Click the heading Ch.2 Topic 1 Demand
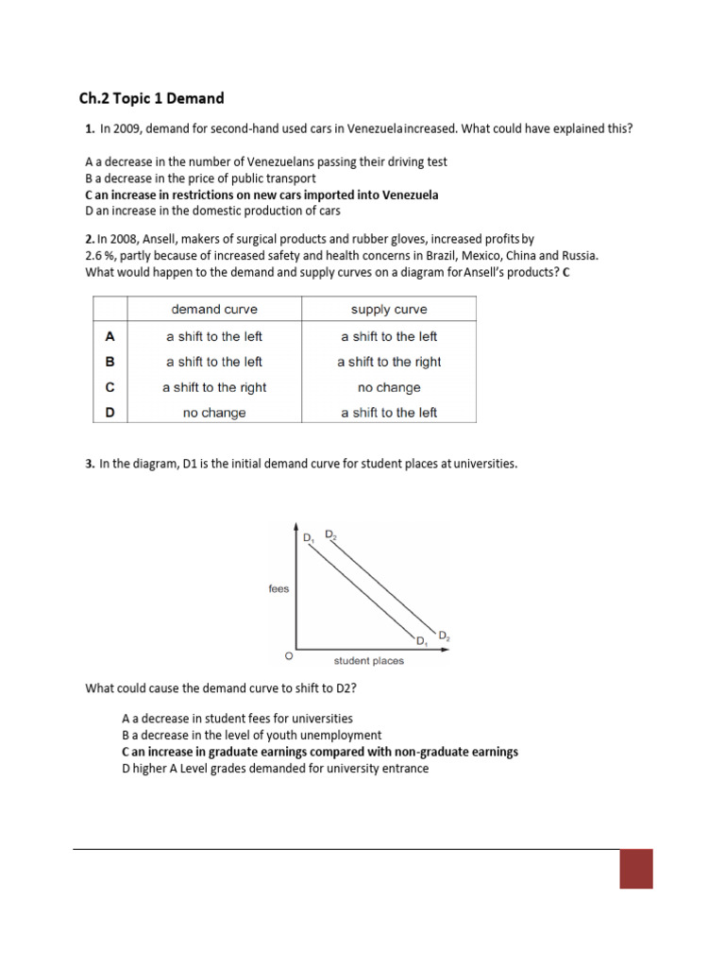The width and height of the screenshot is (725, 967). coord(151,98)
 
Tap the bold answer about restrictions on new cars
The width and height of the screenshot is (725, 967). coord(261,195)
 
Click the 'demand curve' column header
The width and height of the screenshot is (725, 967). coord(213,310)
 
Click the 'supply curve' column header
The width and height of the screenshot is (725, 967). coord(389,310)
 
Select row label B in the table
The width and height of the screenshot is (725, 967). coord(110,362)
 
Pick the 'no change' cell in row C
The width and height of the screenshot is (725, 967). coord(389,387)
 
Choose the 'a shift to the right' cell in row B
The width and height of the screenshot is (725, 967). coord(389,362)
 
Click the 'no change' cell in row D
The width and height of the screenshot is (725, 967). coord(213,413)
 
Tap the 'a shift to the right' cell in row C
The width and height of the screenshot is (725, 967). coord(213,387)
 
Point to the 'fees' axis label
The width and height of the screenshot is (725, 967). coord(278,589)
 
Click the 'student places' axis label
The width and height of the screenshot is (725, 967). coord(368,660)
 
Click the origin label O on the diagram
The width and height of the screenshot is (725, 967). coord(288,654)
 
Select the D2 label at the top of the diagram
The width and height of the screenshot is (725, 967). coord(329,534)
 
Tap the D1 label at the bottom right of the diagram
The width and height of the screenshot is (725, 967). coord(422,642)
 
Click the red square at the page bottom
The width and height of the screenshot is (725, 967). coord(636,869)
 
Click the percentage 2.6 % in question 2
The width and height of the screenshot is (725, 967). coord(101,256)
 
